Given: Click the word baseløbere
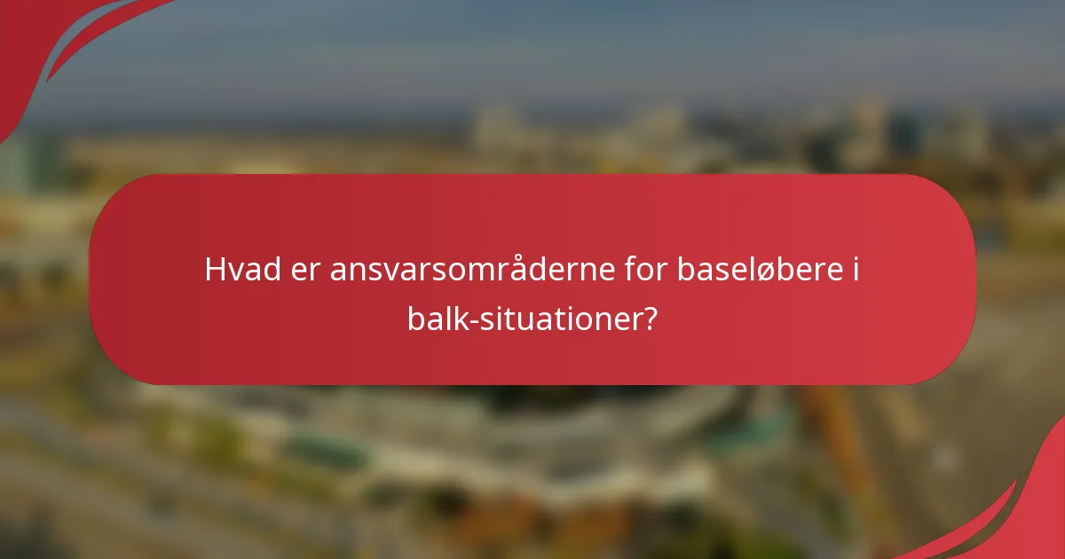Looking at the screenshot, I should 757,270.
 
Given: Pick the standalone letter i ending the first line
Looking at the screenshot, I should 855,269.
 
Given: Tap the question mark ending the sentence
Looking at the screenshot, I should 651,317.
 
